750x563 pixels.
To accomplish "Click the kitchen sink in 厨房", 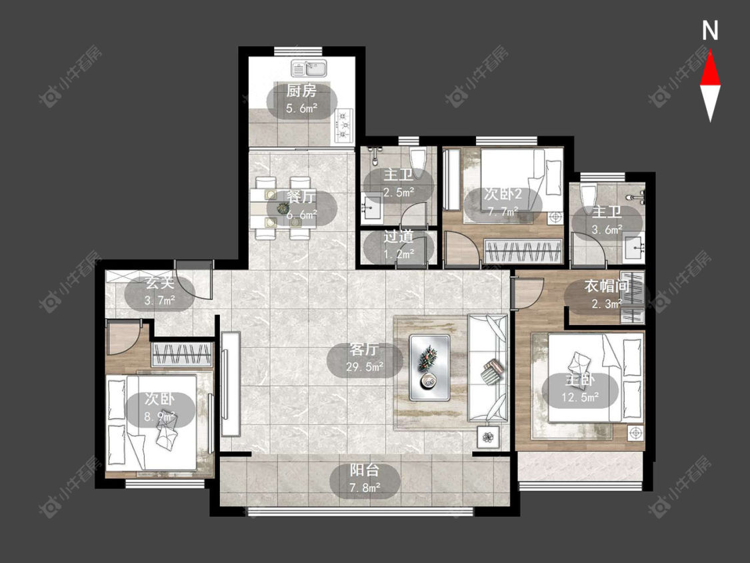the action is pyautogui.click(x=309, y=69).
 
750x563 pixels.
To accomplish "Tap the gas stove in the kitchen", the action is pyautogui.click(x=344, y=126).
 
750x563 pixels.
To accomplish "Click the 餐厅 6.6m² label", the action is pyautogui.click(x=302, y=206).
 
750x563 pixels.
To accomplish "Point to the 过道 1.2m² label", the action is pyautogui.click(x=399, y=245).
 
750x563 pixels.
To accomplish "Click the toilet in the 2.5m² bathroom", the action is pyautogui.click(x=418, y=162).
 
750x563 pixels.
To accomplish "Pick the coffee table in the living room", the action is pyautogui.click(x=429, y=367).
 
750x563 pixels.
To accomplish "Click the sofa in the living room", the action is pyautogui.click(x=487, y=369).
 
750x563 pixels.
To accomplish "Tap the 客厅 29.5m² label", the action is pyautogui.click(x=365, y=358).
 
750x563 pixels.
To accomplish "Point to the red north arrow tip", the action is pyautogui.click(x=710, y=51).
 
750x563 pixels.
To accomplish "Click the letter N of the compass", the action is pyautogui.click(x=710, y=30).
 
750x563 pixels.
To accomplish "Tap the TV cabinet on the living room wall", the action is pyautogui.click(x=230, y=384).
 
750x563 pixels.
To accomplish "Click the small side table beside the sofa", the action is pyautogui.click(x=488, y=437).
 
